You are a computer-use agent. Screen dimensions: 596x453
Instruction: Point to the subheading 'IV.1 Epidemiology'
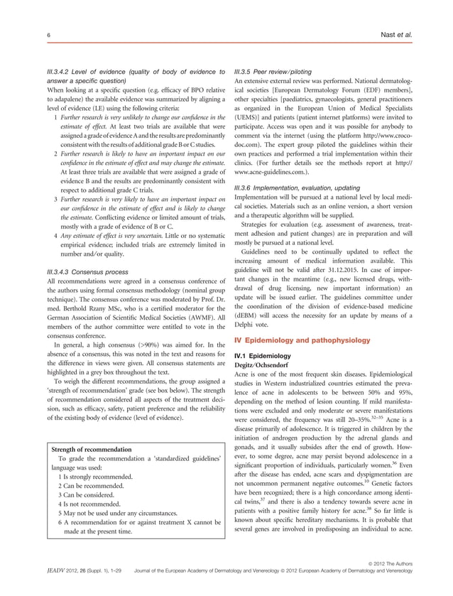262,354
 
